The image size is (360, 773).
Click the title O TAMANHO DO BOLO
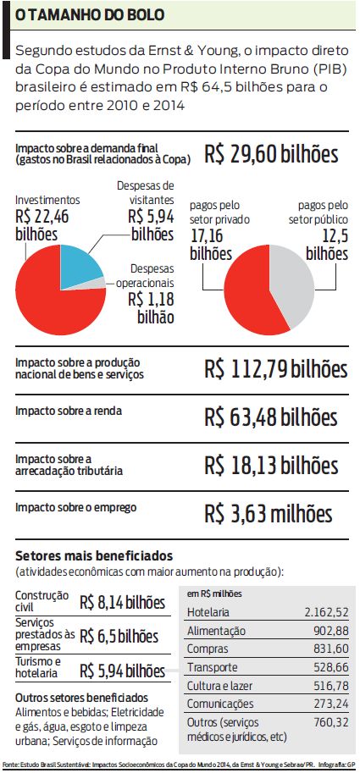click(90, 15)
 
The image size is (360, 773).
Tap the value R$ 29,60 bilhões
click(271, 154)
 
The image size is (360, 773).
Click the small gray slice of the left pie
click(97, 283)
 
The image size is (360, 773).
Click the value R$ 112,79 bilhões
click(275, 370)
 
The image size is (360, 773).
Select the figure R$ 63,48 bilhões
click(271, 417)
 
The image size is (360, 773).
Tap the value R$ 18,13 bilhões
click(271, 466)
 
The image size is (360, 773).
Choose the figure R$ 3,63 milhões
click(269, 514)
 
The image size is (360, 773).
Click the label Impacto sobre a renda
click(69, 411)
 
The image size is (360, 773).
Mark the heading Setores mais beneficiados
click(94, 556)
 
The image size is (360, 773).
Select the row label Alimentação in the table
click(216, 631)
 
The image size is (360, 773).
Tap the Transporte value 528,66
click(331, 667)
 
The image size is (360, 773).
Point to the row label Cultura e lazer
click(220, 686)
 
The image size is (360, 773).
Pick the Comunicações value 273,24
click(331, 704)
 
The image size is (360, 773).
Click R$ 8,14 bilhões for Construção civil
click(122, 603)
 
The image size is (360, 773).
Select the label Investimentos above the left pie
click(47, 200)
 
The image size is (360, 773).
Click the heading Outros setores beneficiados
click(81, 698)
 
